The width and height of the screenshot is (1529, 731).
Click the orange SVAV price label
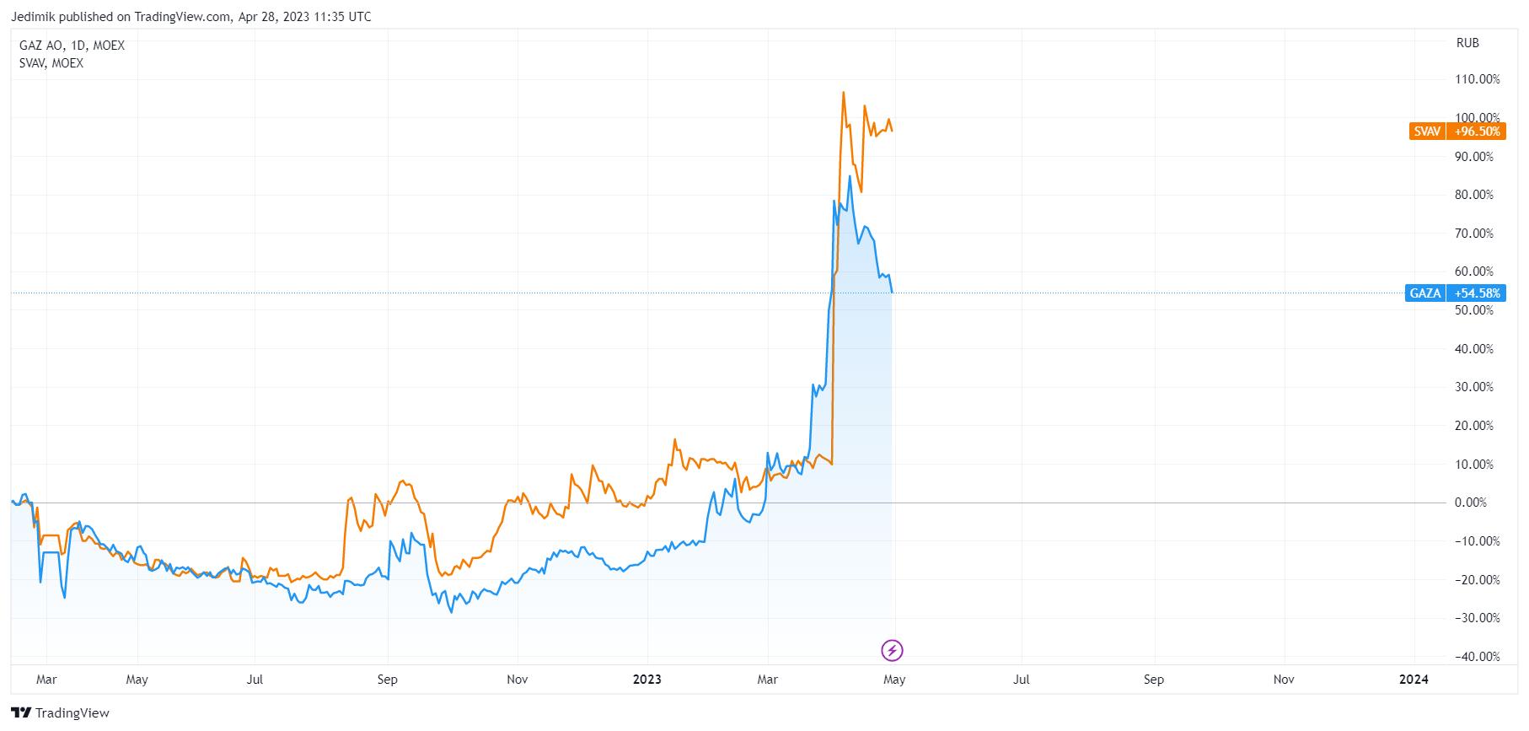click(x=1456, y=132)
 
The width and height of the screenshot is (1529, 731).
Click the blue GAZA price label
click(x=1456, y=293)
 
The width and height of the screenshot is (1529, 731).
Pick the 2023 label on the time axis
click(x=648, y=680)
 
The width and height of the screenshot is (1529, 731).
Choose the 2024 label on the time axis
click(x=1414, y=680)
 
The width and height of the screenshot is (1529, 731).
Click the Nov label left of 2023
click(x=518, y=680)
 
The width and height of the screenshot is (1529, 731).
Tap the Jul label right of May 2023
click(x=1021, y=680)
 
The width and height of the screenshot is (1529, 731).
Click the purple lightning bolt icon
click(x=893, y=650)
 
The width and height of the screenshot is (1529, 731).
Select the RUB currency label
click(x=1467, y=43)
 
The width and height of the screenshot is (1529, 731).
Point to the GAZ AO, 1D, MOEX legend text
click(x=72, y=46)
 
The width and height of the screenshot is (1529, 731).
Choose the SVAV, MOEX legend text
click(x=51, y=63)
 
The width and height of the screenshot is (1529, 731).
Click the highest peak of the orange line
click(x=843, y=92)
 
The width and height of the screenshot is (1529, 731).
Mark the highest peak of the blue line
click(x=850, y=176)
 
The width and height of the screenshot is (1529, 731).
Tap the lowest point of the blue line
click(x=451, y=612)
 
